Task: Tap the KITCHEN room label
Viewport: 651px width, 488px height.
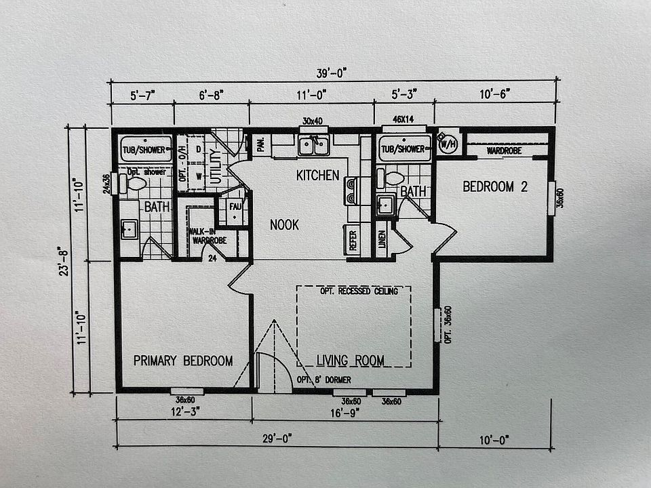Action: [317, 176]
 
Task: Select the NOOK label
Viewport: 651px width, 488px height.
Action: [284, 224]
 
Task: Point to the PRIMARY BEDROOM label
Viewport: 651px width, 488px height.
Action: [183, 361]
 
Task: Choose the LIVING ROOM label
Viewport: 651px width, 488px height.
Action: [351, 360]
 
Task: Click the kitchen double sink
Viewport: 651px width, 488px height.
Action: [315, 145]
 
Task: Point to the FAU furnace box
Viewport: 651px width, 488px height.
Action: [235, 206]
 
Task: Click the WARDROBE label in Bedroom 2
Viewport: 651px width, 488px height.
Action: [504, 150]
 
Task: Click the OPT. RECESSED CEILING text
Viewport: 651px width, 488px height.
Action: [359, 291]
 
